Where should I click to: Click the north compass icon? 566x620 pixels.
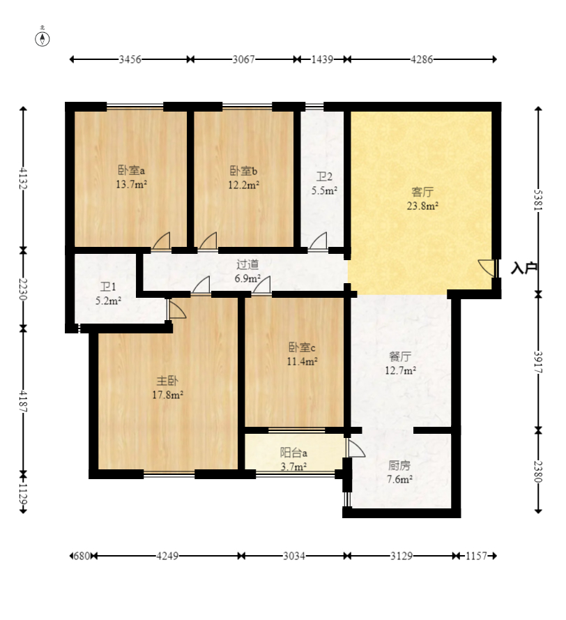pyautogui.click(x=43, y=39)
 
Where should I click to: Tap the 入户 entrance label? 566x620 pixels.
pyautogui.click(x=523, y=268)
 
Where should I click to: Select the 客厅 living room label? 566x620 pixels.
pyautogui.click(x=422, y=192)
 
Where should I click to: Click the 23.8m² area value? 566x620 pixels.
pyautogui.click(x=422, y=206)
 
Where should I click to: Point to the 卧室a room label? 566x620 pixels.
pyautogui.click(x=131, y=170)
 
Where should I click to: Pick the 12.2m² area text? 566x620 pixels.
pyautogui.click(x=243, y=185)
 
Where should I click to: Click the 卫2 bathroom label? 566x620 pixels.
pyautogui.click(x=324, y=176)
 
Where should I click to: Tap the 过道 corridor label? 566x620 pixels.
pyautogui.click(x=247, y=264)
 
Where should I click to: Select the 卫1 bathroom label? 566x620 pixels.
pyautogui.click(x=108, y=287)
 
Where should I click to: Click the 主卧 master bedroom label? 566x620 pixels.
pyautogui.click(x=167, y=381)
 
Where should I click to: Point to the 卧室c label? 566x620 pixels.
pyautogui.click(x=302, y=347)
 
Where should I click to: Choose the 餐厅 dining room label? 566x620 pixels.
pyautogui.click(x=400, y=356)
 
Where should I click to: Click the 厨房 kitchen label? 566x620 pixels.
pyautogui.click(x=399, y=465)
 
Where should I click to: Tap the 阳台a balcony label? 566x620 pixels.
pyautogui.click(x=293, y=453)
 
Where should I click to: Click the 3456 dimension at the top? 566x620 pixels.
pyautogui.click(x=130, y=59)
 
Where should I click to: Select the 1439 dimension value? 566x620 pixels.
pyautogui.click(x=322, y=59)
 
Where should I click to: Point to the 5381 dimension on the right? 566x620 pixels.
pyautogui.click(x=538, y=200)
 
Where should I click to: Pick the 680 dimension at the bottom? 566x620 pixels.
pyautogui.click(x=81, y=556)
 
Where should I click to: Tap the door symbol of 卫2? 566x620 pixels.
pyautogui.click(x=318, y=241)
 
